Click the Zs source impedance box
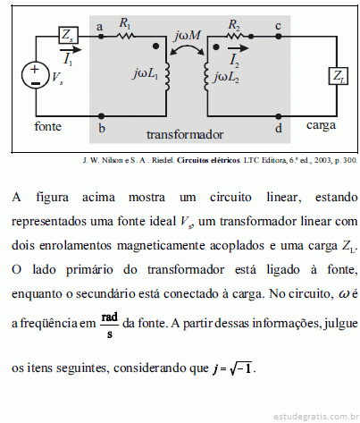pos(68,36)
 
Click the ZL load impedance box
pos(339,76)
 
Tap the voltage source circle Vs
pos(35,75)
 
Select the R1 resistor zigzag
pos(126,37)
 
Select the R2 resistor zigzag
pos(235,37)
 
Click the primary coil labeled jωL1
pos(167,76)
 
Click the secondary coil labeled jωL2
pos(206,76)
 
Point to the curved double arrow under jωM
pos(187,47)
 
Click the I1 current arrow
pos(71,49)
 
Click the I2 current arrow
pos(238,47)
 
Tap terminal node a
pos(101,37)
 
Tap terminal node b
pos(101,115)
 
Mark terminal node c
pos(279,37)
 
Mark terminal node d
pos(279,115)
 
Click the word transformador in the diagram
pos(185,135)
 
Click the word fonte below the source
pos(47,126)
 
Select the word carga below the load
pos(321,126)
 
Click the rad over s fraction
pos(110,325)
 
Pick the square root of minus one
pos(241,368)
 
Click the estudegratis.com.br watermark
pos(316,416)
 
